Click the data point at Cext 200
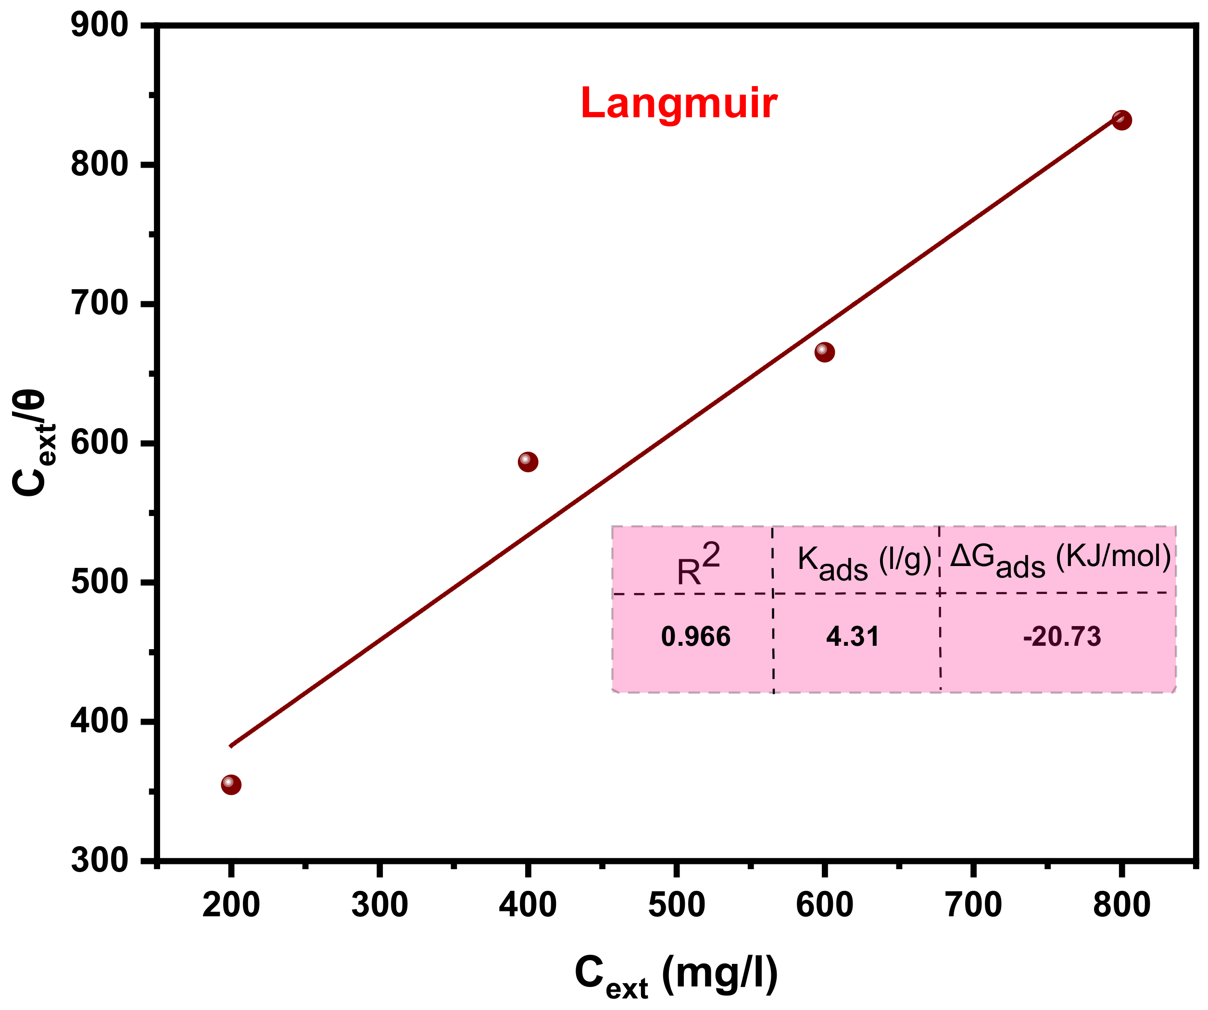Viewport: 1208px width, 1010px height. coord(231,785)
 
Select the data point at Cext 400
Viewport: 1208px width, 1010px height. coord(528,462)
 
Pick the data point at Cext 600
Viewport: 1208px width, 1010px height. coord(824,352)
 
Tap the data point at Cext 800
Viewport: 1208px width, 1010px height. coord(1121,120)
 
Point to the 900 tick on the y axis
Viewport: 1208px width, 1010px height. coord(99,26)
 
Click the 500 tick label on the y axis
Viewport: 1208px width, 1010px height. coord(99,582)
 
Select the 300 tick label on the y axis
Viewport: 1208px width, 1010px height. coord(99,861)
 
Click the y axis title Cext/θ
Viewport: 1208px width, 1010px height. coord(32,443)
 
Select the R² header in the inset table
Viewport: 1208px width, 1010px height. coord(698,565)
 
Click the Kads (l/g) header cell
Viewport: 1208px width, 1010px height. coord(863,562)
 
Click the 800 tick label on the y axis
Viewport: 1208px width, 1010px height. coord(99,164)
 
